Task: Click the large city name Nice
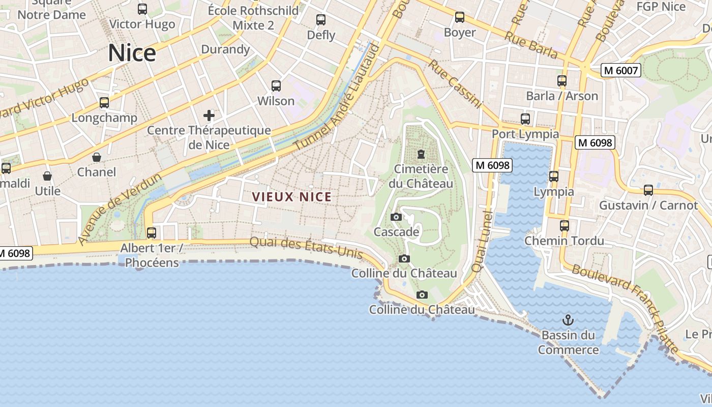[x=132, y=53]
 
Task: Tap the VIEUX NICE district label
[x=292, y=197]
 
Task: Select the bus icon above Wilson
[x=276, y=86]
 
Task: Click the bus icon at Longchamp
[x=104, y=103]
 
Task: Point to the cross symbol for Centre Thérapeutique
[x=209, y=115]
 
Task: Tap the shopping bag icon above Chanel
[x=97, y=157]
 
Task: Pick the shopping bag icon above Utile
[x=47, y=176]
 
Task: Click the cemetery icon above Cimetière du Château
[x=421, y=154]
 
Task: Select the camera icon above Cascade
[x=396, y=217]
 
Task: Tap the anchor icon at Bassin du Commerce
[x=568, y=320]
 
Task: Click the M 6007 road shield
[x=620, y=71]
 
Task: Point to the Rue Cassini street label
[x=455, y=84]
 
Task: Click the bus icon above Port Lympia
[x=525, y=120]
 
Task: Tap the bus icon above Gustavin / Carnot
[x=648, y=190]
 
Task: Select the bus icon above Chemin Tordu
[x=565, y=226]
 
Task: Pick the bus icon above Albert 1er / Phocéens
[x=152, y=233]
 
